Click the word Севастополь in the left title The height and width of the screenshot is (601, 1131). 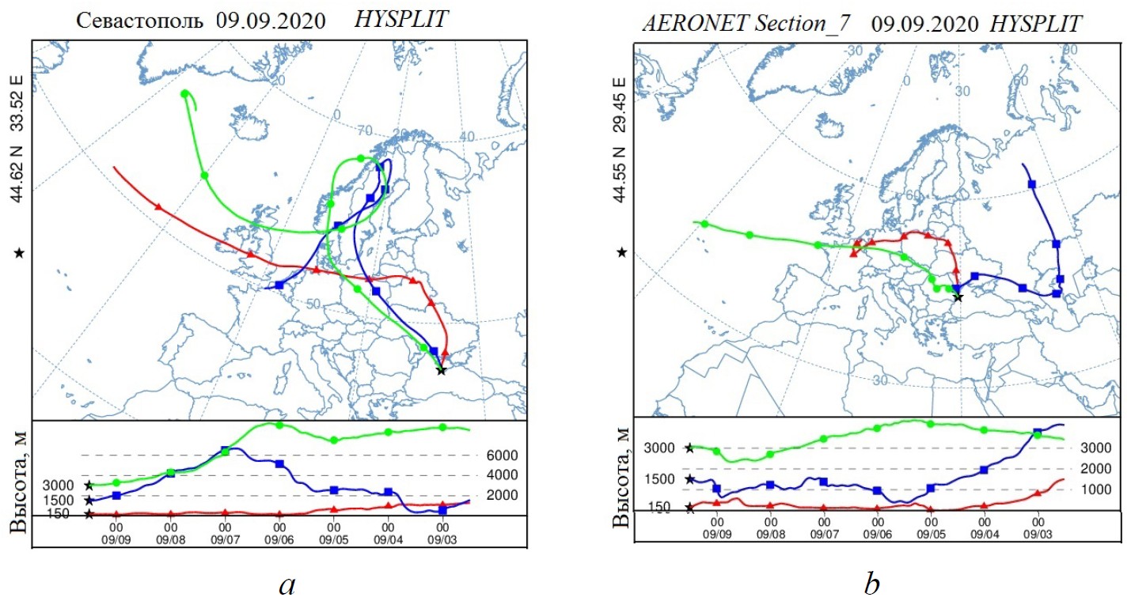(142, 20)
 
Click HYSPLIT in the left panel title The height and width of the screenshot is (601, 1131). (401, 19)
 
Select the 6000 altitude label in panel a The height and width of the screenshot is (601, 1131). (503, 455)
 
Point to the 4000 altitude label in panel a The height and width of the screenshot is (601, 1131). (503, 475)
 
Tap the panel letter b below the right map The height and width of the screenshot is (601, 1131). (871, 584)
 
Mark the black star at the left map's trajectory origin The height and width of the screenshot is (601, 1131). (441, 371)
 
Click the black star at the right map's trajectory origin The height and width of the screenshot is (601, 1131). (958, 297)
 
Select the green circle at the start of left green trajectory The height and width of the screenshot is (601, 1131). (184, 94)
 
